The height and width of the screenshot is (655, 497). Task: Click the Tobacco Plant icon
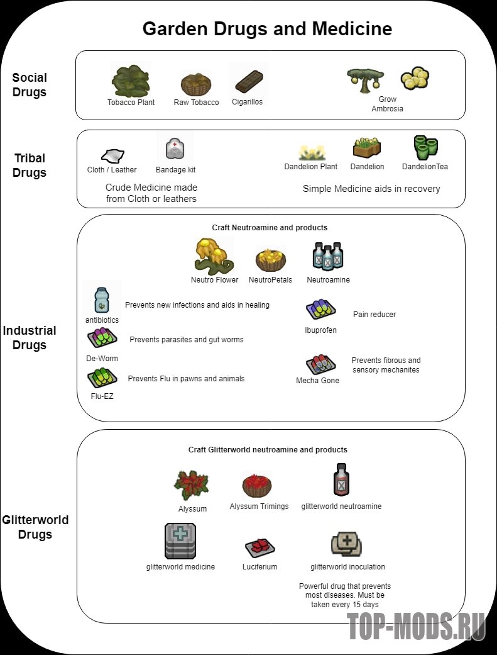131,81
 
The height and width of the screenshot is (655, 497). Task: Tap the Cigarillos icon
249,81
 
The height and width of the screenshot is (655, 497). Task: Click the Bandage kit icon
175,148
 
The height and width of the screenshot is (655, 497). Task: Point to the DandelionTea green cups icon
425,147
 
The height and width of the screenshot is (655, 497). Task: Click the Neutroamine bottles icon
328,256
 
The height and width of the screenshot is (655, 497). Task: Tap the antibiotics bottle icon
101,300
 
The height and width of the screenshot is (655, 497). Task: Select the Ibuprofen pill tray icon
320,310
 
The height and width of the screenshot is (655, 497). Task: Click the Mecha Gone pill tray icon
320,364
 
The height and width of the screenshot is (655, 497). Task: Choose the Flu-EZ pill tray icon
102,378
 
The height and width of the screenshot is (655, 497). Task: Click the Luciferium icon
259,547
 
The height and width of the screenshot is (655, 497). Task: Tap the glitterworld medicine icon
180,541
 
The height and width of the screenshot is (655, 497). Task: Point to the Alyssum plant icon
192,485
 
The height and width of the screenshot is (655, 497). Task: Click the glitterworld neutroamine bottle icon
341,479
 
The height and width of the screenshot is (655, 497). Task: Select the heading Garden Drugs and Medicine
267,29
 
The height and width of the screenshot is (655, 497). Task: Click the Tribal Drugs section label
29,165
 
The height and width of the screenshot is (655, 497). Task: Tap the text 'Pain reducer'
374,314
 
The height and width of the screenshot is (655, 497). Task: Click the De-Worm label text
102,359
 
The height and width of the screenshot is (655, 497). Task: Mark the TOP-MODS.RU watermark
416,626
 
